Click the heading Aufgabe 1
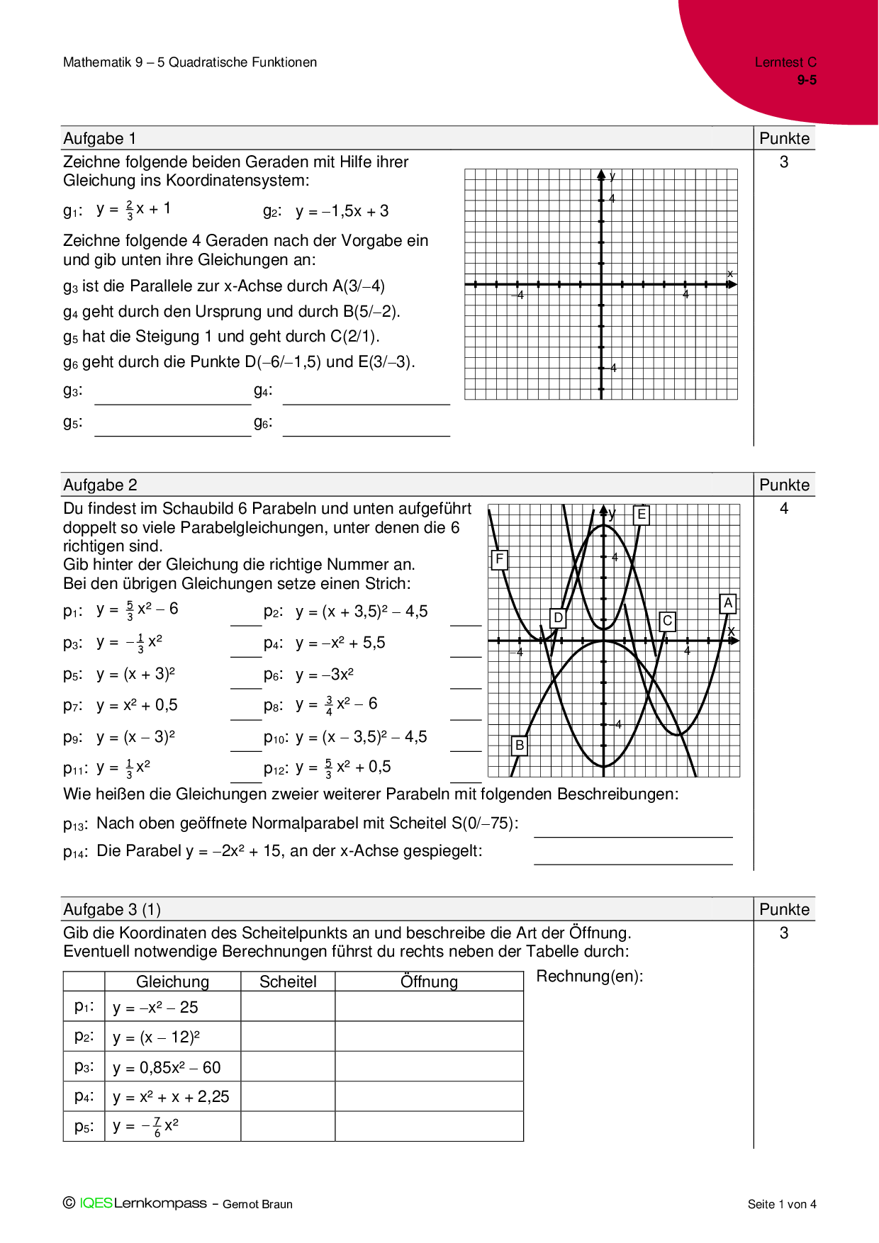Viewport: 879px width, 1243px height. point(100,138)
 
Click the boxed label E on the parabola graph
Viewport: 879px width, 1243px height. point(642,514)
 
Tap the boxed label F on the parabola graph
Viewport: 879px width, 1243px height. point(500,560)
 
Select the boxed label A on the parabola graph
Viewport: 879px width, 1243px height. point(728,604)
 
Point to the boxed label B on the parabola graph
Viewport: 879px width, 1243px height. point(520,746)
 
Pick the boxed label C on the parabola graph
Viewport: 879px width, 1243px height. point(667,621)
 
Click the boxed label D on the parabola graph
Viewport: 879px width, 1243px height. point(559,618)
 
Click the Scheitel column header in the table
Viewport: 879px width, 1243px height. point(288,982)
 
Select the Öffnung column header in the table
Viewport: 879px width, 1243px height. point(429,982)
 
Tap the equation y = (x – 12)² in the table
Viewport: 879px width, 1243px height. point(156,1037)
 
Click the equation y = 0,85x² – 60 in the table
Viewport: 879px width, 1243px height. point(167,1067)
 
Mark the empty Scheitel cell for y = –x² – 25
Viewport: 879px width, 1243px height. point(288,1007)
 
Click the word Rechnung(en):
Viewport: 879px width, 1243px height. point(590,977)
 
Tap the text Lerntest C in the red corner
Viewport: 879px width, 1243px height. point(785,62)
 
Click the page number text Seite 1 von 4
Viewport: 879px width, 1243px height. point(782,1204)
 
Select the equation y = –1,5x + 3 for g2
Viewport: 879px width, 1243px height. point(342,211)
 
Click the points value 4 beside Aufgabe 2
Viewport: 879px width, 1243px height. point(784,508)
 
